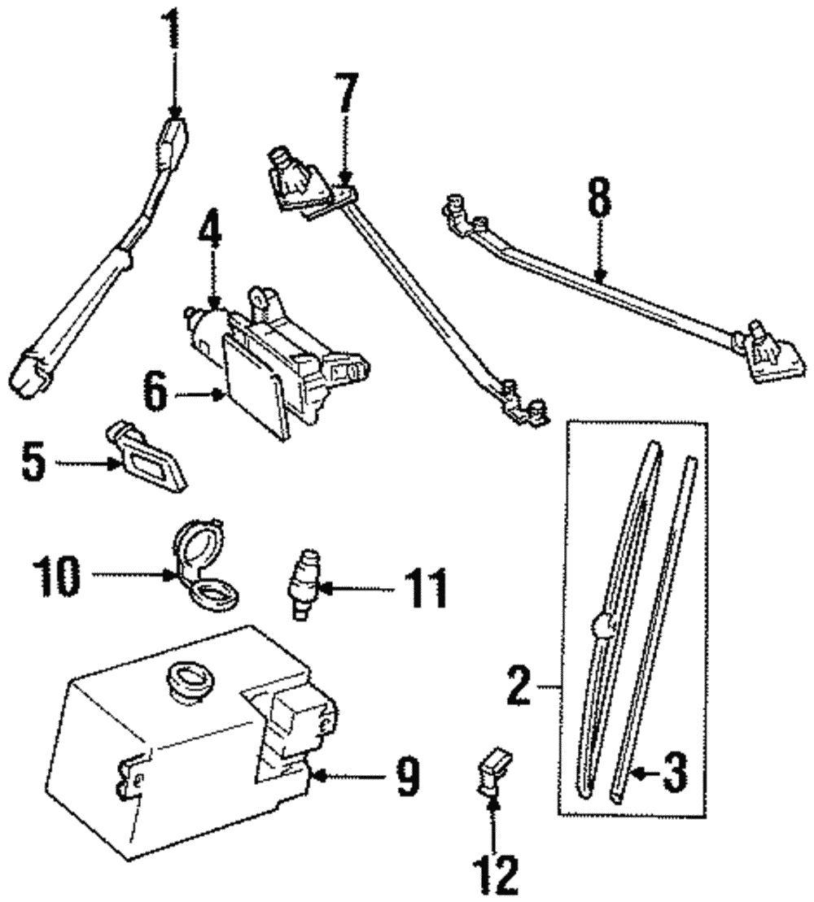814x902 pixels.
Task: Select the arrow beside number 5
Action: [88, 464]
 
